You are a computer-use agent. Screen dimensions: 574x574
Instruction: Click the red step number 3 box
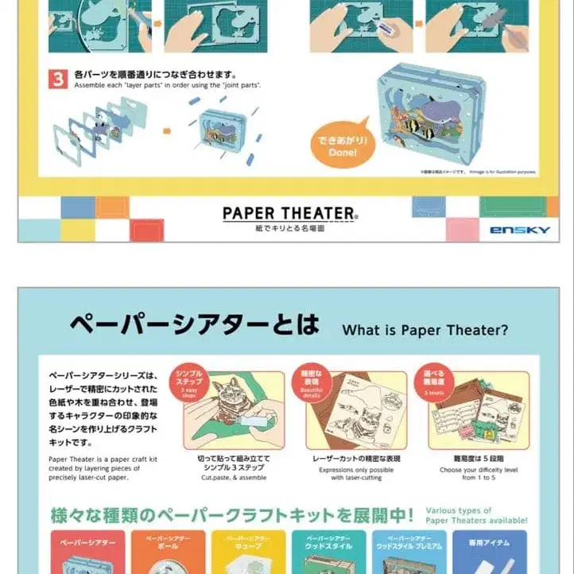pyautogui.click(x=59, y=78)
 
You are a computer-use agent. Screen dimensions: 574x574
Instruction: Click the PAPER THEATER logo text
pyautogui.click(x=289, y=213)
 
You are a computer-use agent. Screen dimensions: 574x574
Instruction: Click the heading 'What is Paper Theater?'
pyautogui.click(x=425, y=329)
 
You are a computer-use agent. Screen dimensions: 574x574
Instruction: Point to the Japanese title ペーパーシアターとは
pyautogui.click(x=194, y=325)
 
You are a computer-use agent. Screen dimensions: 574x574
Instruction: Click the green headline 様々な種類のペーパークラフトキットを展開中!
pyautogui.click(x=231, y=515)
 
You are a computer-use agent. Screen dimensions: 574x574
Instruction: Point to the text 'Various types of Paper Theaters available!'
pyautogui.click(x=475, y=515)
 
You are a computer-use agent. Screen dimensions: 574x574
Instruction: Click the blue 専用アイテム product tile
pyautogui.click(x=489, y=553)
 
